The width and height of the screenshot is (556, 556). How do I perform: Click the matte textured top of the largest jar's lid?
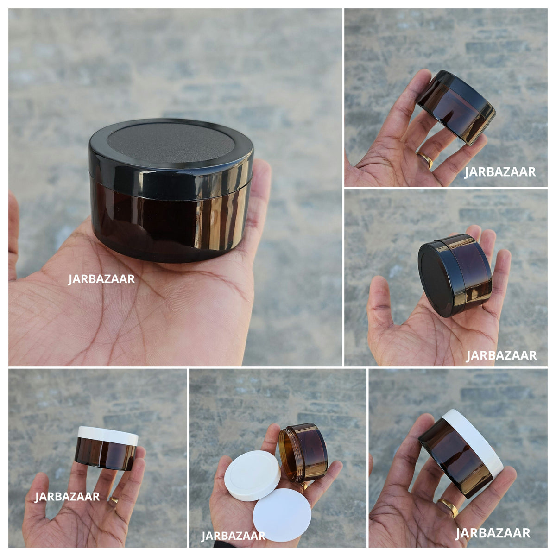pyautogui.click(x=171, y=143)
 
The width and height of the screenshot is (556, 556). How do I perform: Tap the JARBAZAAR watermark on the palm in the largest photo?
pyautogui.click(x=101, y=279)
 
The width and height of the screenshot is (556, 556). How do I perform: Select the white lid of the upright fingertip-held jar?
pyautogui.click(x=107, y=436)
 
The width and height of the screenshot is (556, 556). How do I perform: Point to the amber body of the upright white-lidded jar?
pyautogui.click(x=105, y=457)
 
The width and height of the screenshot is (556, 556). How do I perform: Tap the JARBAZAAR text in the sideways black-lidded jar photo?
pyautogui.click(x=501, y=355)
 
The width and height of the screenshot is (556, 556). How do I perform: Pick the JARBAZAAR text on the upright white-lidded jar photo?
pyautogui.click(x=67, y=497)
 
